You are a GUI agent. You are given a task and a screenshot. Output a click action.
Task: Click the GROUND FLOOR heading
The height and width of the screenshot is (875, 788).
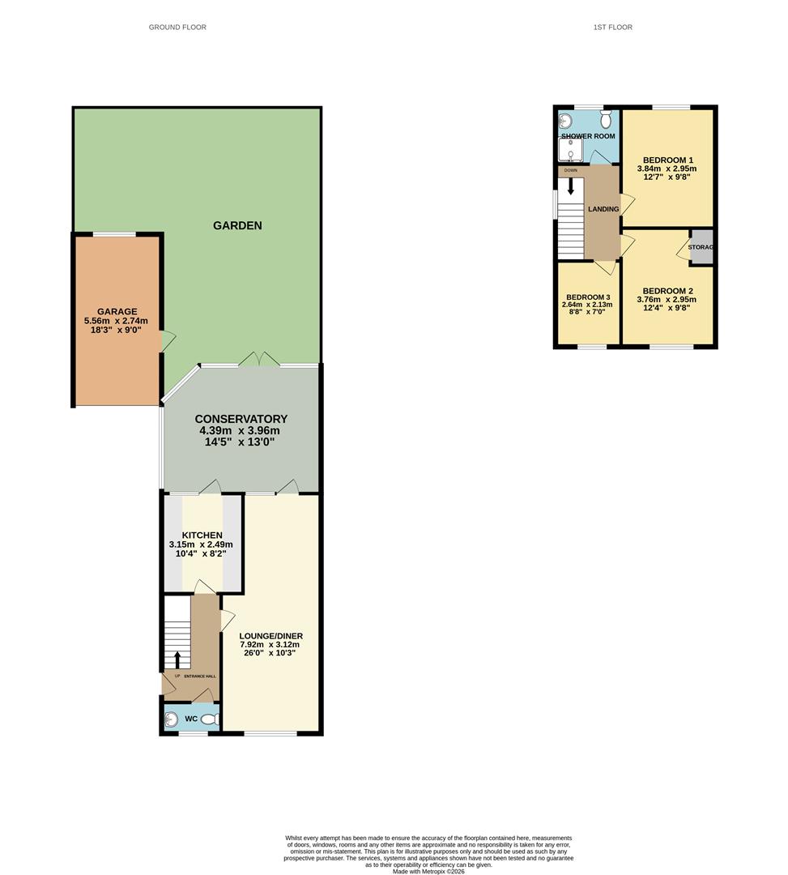click(x=177, y=28)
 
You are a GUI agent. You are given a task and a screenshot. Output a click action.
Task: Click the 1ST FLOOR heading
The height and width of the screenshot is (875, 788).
click(x=612, y=28)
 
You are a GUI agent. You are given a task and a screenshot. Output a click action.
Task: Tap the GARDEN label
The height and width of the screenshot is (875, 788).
click(x=237, y=225)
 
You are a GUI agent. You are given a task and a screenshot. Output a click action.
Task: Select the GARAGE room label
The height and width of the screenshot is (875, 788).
click(x=117, y=312)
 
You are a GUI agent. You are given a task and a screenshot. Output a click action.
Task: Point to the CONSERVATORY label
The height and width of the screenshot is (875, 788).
click(x=241, y=419)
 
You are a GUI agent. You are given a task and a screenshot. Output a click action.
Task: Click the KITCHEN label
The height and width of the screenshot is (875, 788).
click(x=202, y=536)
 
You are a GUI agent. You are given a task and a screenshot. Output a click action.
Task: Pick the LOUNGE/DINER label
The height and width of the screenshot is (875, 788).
click(x=271, y=636)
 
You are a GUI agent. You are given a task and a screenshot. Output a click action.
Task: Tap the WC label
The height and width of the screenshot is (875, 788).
click(x=191, y=719)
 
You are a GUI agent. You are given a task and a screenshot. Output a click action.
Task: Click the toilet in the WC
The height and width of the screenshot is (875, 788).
click(x=210, y=719)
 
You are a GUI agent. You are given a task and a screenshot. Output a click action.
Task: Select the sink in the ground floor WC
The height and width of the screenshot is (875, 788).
click(x=171, y=719)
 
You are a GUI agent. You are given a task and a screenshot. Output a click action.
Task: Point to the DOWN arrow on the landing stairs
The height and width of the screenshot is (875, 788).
click(x=571, y=186)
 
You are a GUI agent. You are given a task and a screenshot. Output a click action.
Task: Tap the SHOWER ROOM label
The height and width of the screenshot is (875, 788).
click(x=588, y=136)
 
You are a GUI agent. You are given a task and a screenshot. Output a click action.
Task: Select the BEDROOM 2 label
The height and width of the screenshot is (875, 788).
click(x=668, y=291)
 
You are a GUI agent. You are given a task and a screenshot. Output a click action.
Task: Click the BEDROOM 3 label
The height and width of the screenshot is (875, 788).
click(x=588, y=297)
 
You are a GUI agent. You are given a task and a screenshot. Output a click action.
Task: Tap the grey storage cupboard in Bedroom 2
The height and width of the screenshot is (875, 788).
click(x=701, y=248)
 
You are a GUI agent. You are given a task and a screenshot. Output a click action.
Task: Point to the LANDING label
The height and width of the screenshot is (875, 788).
click(x=603, y=209)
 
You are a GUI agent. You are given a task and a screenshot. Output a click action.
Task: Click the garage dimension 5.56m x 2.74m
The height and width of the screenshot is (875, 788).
click(x=117, y=321)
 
